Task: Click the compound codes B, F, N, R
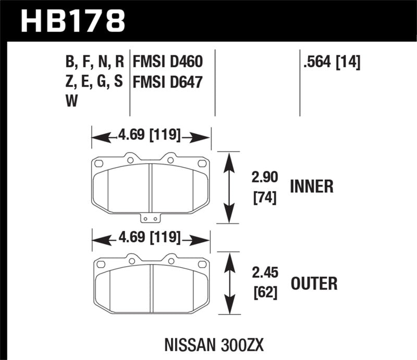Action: point(94,63)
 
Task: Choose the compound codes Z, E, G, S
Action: point(94,82)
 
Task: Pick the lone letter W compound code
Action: point(71,102)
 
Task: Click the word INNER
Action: point(312,187)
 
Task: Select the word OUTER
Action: point(314,283)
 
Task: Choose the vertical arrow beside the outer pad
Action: point(228,284)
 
